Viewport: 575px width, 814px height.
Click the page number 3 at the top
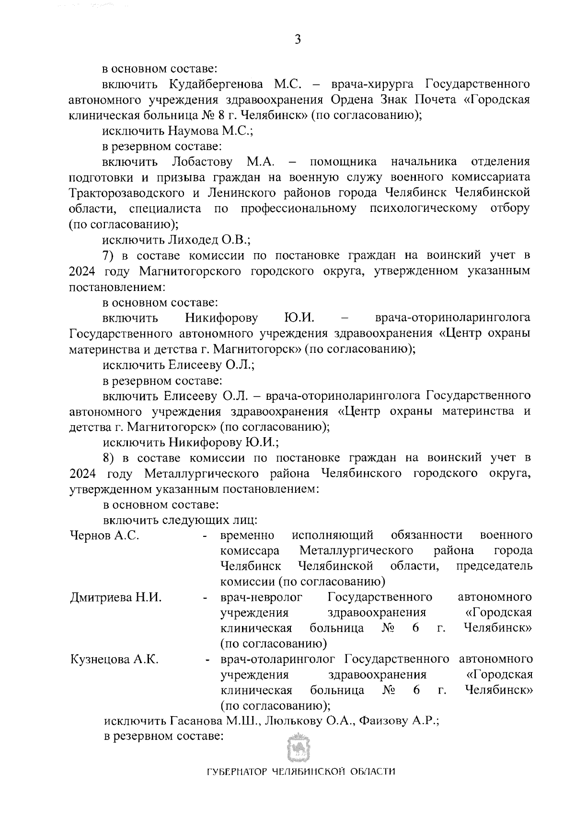pyautogui.click(x=298, y=39)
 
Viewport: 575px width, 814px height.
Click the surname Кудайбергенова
pyautogui.click(x=216, y=85)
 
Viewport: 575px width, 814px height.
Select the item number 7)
pyautogui.click(x=111, y=255)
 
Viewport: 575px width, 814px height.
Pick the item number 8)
pyautogui.click(x=111, y=457)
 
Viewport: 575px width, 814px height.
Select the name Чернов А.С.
pyautogui.click(x=104, y=535)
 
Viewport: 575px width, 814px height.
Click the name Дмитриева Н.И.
pyautogui.click(x=115, y=598)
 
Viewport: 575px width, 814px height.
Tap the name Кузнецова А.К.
pyautogui.click(x=115, y=660)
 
